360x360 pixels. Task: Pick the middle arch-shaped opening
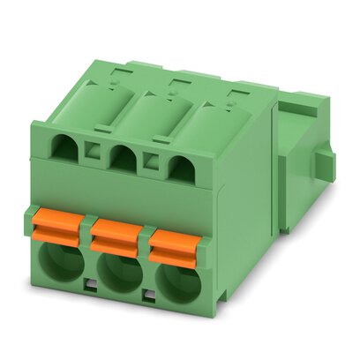tap(122, 157)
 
